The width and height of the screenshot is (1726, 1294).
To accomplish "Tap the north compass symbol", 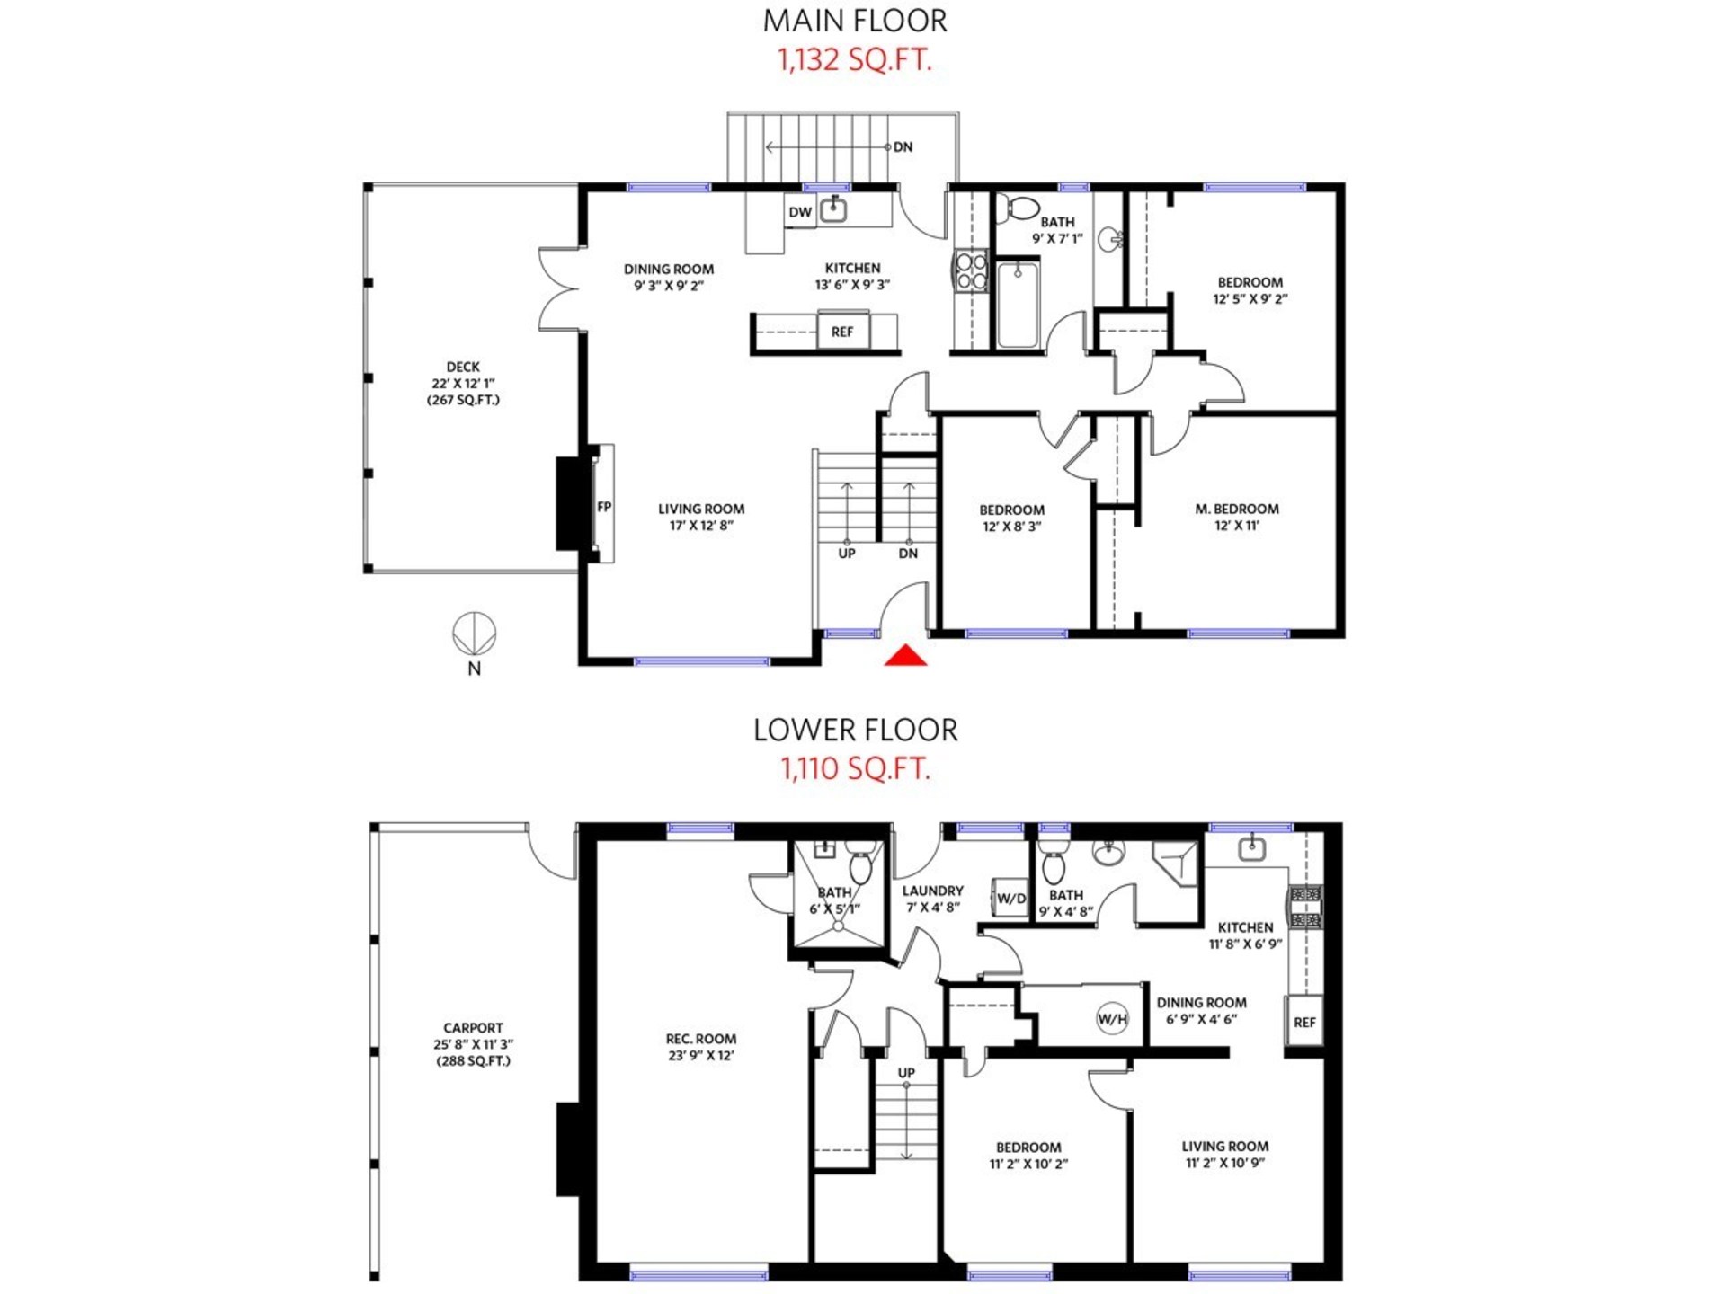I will point(474,634).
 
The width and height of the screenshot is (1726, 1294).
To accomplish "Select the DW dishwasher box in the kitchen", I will point(799,212).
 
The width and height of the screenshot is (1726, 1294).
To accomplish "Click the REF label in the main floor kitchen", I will point(842,332).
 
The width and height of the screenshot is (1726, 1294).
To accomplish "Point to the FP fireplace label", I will point(604,507).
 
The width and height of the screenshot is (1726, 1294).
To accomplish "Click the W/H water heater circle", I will point(1112,1019).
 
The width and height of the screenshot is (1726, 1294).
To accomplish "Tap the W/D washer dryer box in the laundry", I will point(1011,898).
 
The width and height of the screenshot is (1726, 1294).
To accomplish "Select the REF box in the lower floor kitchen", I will point(1304,1022).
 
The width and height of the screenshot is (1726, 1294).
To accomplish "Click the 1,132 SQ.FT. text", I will point(854,60).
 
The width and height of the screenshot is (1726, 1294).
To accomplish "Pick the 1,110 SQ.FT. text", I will point(855,769).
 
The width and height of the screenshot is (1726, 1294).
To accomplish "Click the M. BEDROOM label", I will point(1237,509).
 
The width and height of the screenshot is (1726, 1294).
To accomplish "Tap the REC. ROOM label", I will point(701,1039).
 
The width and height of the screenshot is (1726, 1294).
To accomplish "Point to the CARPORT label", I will point(473,1027).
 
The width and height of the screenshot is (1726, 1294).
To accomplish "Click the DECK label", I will point(463,367).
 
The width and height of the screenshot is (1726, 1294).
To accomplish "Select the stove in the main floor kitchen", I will point(971,271).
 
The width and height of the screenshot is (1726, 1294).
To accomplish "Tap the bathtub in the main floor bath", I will point(1018,305).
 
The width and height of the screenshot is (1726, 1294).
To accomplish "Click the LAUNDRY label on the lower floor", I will point(932,891).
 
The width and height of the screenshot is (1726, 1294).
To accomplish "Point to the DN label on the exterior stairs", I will point(903,146).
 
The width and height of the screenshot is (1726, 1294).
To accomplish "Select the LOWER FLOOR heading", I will point(855,730).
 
